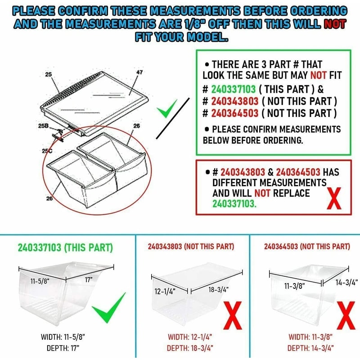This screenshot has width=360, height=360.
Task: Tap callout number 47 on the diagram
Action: (x=139, y=72)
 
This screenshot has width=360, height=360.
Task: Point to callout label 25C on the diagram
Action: (x=46, y=152)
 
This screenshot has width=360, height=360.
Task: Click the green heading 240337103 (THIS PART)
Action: (x=65, y=248)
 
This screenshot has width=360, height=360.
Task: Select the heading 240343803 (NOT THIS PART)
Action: (x=191, y=247)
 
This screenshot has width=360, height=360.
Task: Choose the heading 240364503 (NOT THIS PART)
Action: (x=307, y=247)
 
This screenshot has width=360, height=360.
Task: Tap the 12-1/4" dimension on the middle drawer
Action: (x=165, y=292)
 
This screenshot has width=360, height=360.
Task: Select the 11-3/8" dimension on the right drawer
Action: (x=295, y=285)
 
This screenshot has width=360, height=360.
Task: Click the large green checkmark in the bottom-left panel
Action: (x=109, y=307)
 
